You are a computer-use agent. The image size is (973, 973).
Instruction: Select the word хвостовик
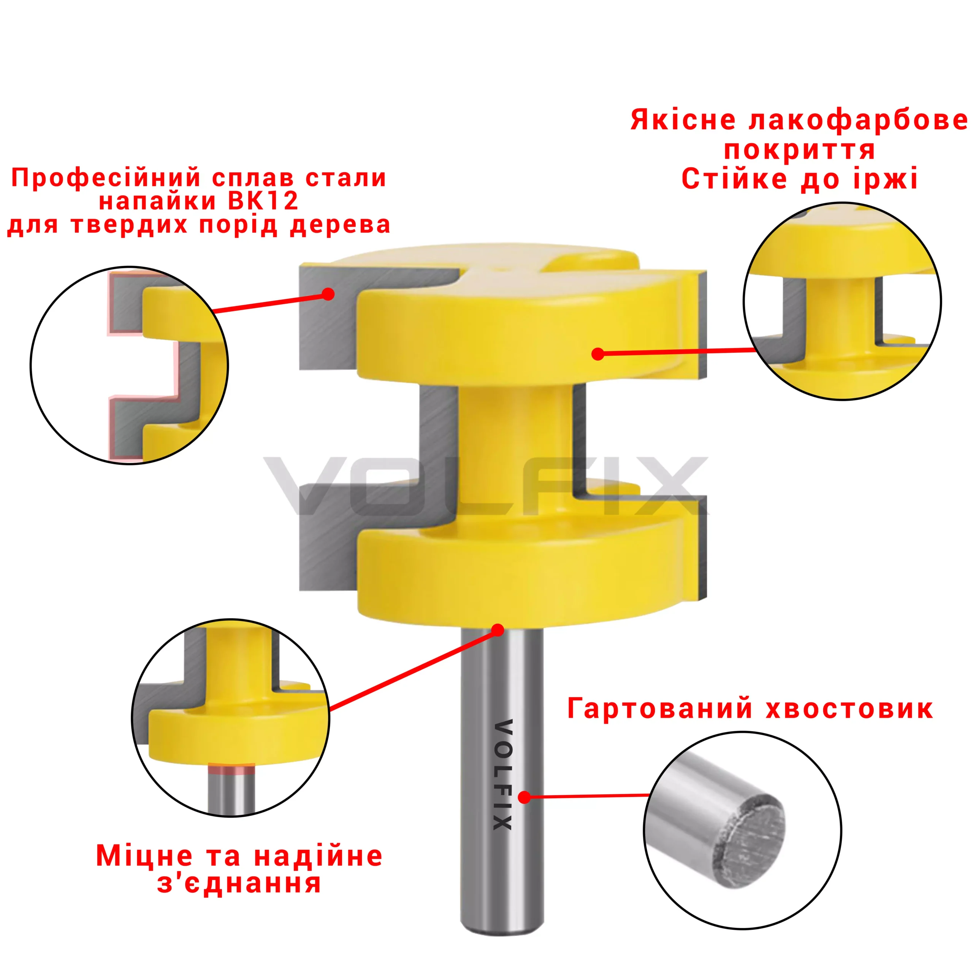[849, 708]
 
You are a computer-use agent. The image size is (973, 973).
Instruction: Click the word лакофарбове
[858, 121]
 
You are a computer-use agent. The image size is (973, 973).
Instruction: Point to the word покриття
[799, 150]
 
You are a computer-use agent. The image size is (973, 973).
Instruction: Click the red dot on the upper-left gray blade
[328, 294]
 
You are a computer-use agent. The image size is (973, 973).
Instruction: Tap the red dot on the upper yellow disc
[598, 354]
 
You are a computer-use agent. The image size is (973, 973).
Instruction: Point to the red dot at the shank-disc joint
[498, 630]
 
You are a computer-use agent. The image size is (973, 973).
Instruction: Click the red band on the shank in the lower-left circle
[232, 770]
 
